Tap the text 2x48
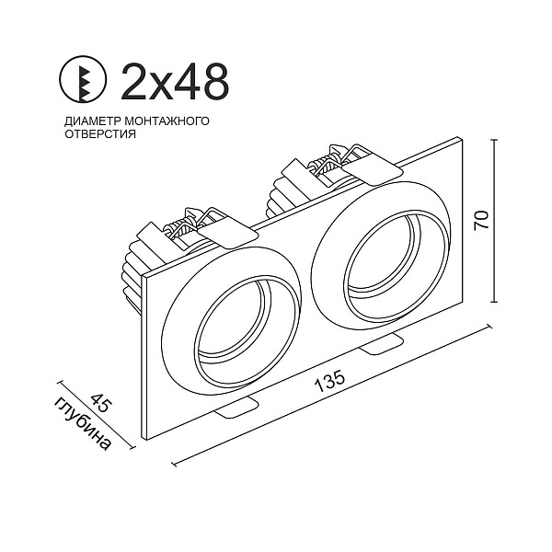coord(174,82)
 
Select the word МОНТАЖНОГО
coord(168,121)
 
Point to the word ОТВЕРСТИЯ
coord(100,133)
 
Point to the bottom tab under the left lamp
coord(238,406)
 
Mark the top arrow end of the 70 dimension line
coord(498,140)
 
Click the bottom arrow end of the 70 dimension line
coord(498,300)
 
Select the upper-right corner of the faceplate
coord(460,137)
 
